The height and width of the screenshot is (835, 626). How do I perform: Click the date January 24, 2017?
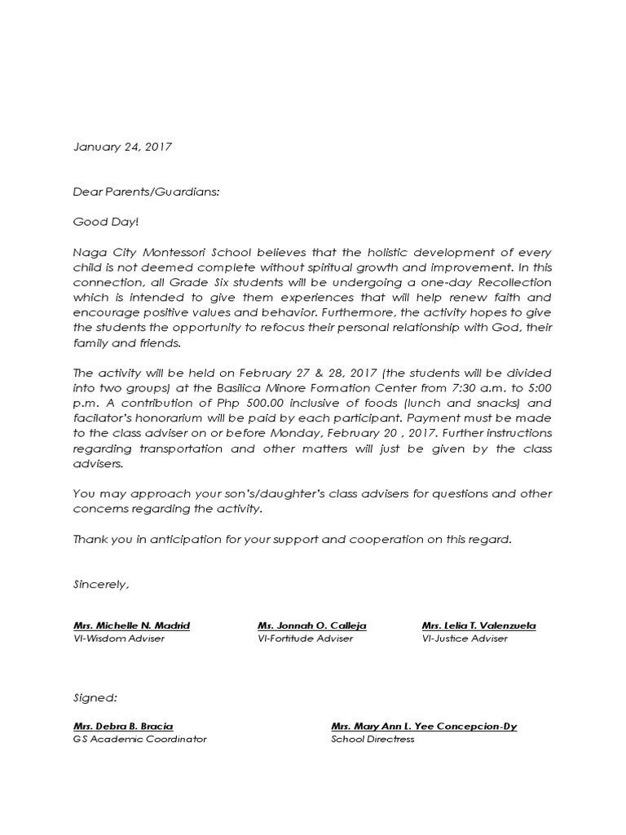(x=122, y=148)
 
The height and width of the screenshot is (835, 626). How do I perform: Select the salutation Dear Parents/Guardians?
(x=147, y=192)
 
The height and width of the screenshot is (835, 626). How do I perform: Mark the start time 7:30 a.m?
(x=474, y=387)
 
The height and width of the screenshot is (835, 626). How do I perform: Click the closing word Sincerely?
(x=101, y=585)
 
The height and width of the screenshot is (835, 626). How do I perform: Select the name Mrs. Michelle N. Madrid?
(x=131, y=625)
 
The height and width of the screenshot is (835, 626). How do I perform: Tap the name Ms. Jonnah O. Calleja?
(x=312, y=625)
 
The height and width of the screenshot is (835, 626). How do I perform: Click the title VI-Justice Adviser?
(x=465, y=638)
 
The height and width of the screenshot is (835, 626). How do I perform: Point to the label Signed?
(x=95, y=698)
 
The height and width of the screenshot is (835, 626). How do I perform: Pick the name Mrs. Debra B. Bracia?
(x=123, y=726)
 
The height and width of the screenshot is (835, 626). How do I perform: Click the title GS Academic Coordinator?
(x=140, y=739)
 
